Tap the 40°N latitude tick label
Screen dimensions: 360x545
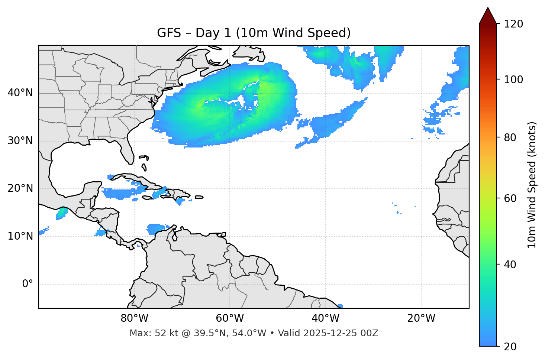[20, 93]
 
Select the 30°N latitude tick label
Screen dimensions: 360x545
[20, 141]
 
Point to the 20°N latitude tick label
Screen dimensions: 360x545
[20, 188]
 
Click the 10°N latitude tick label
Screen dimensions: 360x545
[20, 236]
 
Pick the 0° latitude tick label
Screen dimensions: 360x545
[28, 284]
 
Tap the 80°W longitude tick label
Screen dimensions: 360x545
[134, 318]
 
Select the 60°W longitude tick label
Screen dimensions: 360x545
[230, 318]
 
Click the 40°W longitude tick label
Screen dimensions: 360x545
[325, 318]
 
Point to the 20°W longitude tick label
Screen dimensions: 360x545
[421, 318]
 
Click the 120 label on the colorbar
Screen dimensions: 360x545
[513, 24]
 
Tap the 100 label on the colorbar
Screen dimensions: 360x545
[513, 80]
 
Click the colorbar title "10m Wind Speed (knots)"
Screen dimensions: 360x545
[532, 185]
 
